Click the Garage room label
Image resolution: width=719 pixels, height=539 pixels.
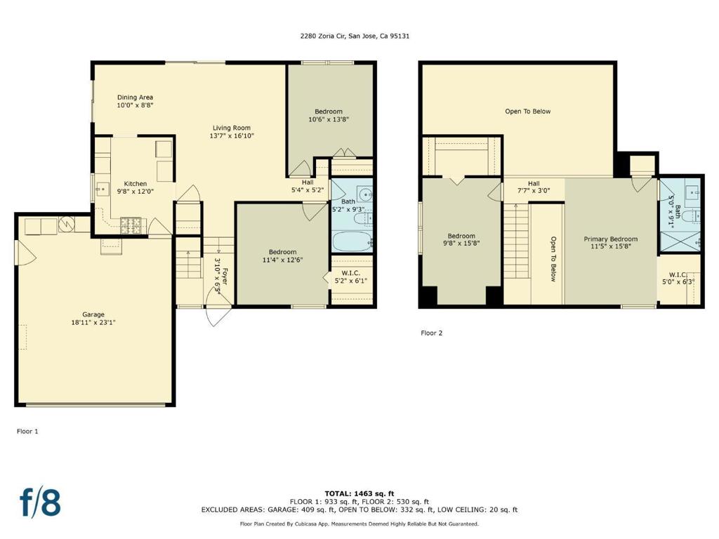coord(93,314)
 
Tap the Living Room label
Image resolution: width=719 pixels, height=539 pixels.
coord(232,128)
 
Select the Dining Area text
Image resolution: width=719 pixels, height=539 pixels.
coord(135,97)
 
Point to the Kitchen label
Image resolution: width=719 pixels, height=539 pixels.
coord(136,184)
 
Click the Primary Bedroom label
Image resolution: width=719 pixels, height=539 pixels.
coord(610,239)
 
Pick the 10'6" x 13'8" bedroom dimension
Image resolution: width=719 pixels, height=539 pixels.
coord(329,119)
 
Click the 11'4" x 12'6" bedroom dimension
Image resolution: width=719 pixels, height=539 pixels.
coord(282,260)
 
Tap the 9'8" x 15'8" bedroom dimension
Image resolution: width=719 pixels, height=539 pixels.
coord(461,244)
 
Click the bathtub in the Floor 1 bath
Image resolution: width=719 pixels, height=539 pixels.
coord(352,241)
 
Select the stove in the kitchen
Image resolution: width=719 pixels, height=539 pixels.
coord(131,225)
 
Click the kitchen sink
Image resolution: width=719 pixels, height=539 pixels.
coord(102,188)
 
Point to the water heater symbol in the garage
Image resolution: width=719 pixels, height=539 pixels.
coord(67,224)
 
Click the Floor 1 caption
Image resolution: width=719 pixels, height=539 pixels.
coord(27,432)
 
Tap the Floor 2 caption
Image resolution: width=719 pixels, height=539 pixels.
coord(432,333)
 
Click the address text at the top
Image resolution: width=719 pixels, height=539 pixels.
coord(355,36)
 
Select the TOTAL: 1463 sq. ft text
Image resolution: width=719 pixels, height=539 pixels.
coord(359,493)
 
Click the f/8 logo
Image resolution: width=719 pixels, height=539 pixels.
coord(40,501)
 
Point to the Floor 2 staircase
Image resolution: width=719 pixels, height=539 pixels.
coord(516,241)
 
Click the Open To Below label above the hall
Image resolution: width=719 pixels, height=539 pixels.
coord(528,112)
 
